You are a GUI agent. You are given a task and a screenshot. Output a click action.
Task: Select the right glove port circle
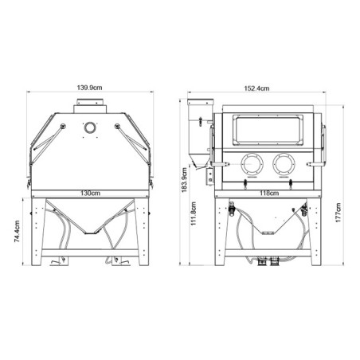pyautogui.click(x=280, y=164)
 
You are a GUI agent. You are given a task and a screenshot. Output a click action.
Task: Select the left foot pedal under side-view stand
pyautogui.click(x=56, y=261)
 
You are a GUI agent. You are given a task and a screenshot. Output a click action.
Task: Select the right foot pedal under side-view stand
pyautogui.click(x=121, y=261)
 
